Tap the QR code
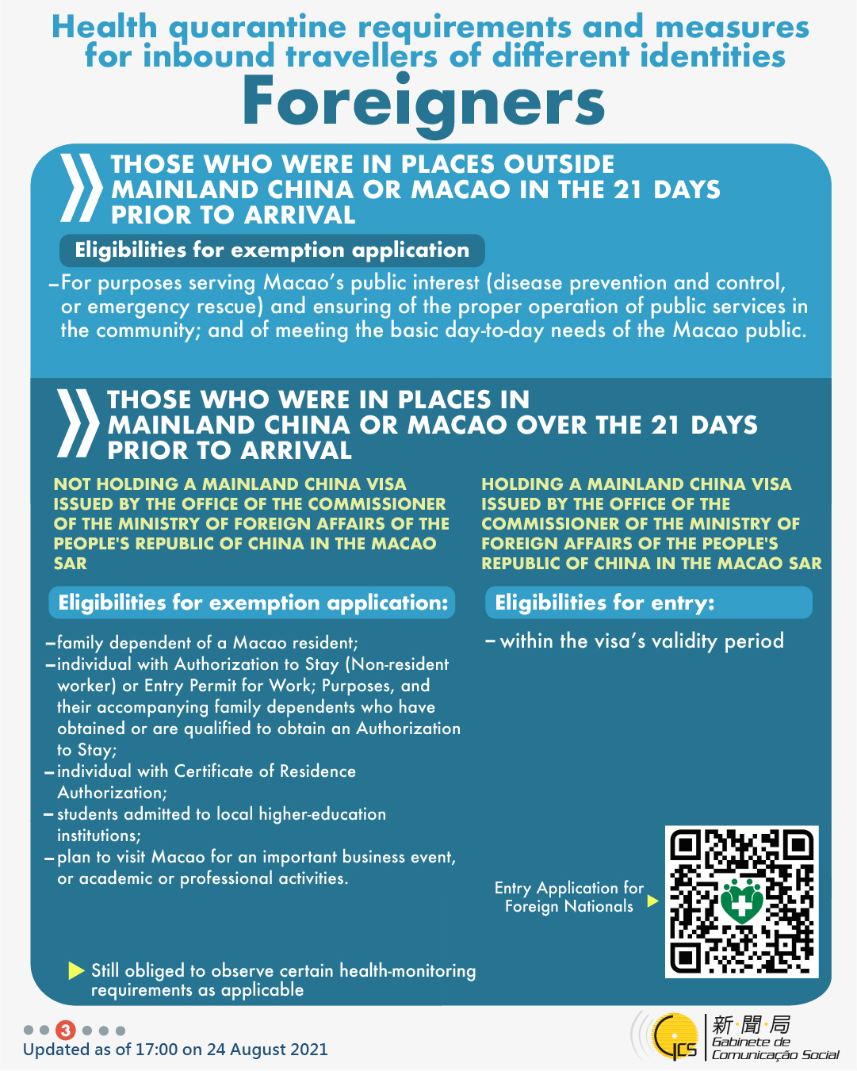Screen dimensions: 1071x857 (x=741, y=901)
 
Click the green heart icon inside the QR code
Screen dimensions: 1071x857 (x=742, y=901)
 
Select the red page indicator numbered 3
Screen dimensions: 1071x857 (x=66, y=1031)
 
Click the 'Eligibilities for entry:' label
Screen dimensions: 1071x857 (x=604, y=602)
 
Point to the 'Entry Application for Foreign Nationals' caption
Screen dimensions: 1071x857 (x=569, y=897)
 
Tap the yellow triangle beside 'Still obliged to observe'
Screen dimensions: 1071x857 (x=76, y=970)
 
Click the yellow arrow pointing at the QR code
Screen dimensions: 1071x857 (x=652, y=901)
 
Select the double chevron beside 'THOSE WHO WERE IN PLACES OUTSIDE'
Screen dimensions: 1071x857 (x=82, y=188)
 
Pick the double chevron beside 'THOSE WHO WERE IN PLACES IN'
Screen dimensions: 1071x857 (x=78, y=424)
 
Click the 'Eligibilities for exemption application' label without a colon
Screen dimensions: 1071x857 (x=272, y=251)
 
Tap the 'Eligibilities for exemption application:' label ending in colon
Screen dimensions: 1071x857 (x=253, y=602)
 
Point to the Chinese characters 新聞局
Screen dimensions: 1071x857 (x=751, y=1023)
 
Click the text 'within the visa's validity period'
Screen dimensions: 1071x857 (x=641, y=641)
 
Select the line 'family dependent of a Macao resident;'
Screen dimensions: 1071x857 (x=208, y=642)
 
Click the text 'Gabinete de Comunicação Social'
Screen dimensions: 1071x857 (x=774, y=1048)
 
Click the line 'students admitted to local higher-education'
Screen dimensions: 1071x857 (x=221, y=814)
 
